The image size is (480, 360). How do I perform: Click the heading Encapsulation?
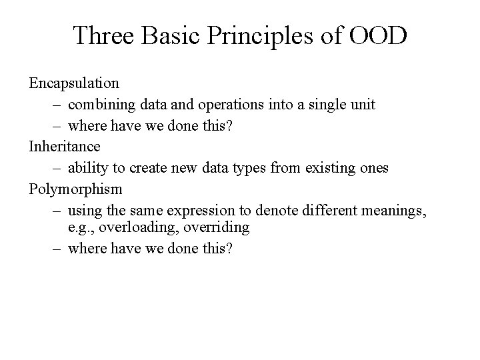coord(74,84)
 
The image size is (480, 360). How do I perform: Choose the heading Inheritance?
coord(65,146)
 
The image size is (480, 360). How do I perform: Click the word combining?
coord(99,105)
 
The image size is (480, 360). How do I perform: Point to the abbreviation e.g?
coord(81,228)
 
